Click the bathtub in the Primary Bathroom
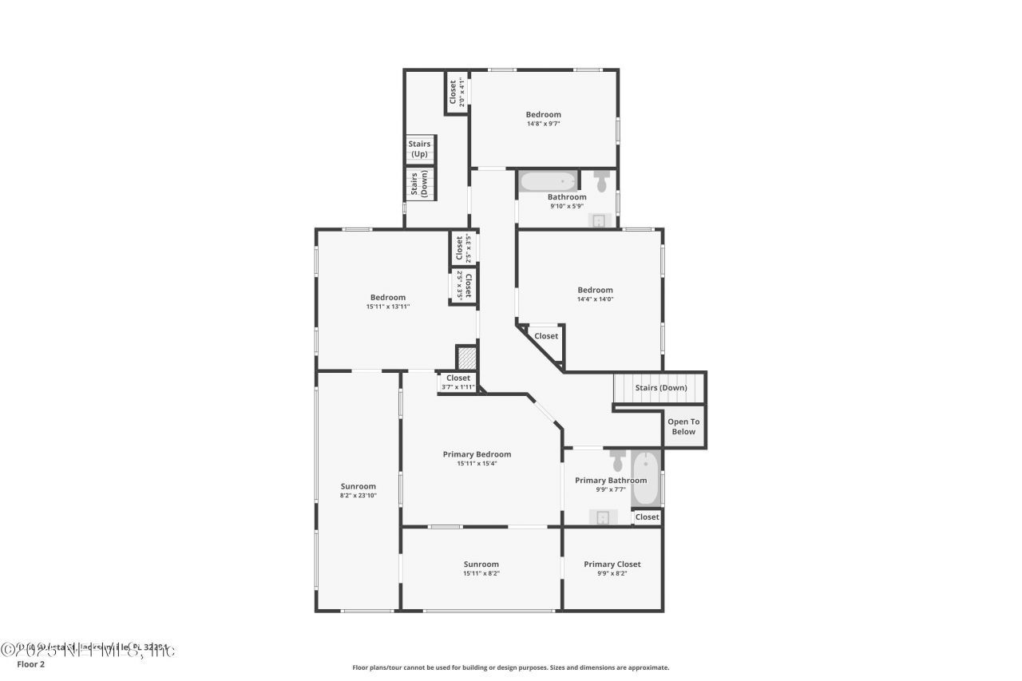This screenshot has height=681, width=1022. click(646, 479)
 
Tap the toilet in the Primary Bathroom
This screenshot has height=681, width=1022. click(618, 461)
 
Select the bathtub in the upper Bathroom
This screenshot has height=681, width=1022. click(548, 181)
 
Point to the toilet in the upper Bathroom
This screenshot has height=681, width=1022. click(603, 179)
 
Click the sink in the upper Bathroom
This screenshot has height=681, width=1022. click(599, 220)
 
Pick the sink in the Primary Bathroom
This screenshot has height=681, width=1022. click(603, 517)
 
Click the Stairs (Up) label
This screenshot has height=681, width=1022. click(419, 148)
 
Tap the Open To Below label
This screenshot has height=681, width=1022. click(683, 426)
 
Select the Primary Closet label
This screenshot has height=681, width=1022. click(612, 564)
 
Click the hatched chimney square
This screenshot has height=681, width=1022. click(466, 357)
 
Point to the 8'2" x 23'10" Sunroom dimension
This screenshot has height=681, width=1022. click(358, 495)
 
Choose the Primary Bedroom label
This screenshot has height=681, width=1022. click(477, 454)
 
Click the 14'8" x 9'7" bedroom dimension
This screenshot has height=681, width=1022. click(543, 123)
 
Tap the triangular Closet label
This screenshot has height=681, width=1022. click(546, 336)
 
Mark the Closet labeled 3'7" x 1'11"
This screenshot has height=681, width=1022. click(458, 382)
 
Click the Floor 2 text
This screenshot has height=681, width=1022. click(31, 663)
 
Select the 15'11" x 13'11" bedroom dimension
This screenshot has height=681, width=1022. click(388, 306)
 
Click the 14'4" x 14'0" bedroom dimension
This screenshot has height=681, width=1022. click(596, 299)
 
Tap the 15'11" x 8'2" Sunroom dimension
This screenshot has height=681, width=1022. click(481, 573)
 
